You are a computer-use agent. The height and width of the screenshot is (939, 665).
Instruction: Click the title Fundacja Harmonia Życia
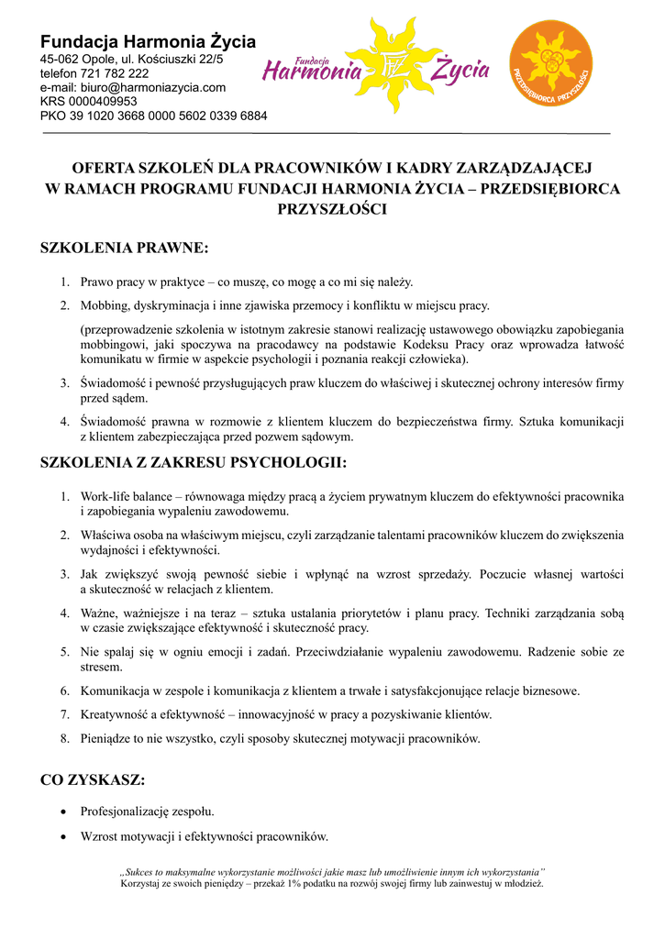[x=148, y=41]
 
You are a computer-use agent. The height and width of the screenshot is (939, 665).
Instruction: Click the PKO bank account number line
[x=153, y=116]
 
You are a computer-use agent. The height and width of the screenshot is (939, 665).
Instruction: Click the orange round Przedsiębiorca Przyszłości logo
[x=550, y=63]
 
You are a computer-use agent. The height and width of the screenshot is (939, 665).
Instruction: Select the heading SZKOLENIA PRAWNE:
[x=125, y=248]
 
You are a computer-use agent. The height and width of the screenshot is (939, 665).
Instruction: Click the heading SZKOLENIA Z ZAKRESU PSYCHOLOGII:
[x=194, y=463]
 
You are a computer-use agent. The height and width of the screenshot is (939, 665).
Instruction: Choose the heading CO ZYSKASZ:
[x=93, y=780]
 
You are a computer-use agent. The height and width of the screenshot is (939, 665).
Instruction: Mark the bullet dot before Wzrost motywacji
[x=61, y=836]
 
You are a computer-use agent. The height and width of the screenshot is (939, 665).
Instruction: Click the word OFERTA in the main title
[x=104, y=168]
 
